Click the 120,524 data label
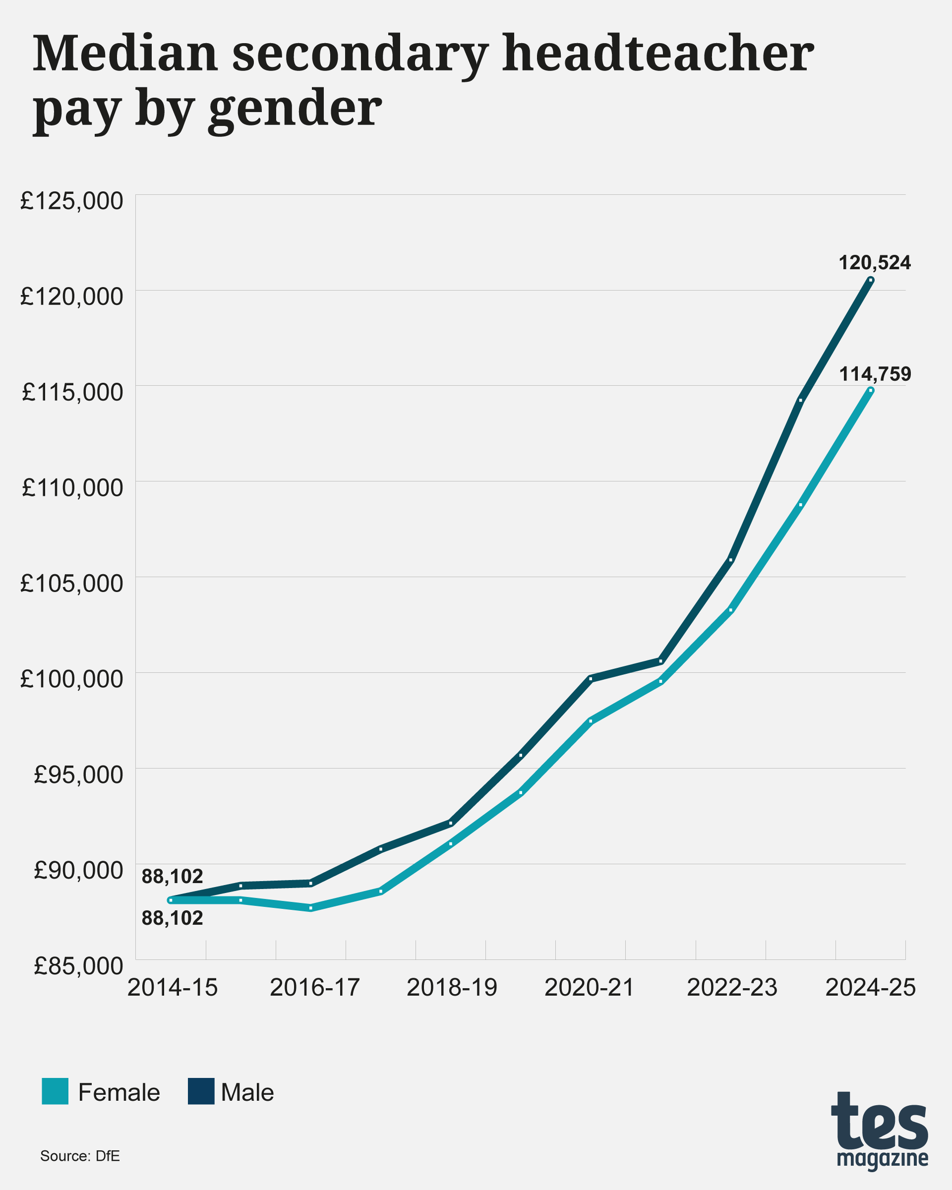874,263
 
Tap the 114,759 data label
875,374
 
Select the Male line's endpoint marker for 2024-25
871,280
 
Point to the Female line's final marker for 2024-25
871,390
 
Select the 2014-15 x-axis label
172,987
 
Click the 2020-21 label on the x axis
590,987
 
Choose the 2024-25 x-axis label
870,987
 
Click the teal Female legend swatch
55,1091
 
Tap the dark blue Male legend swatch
201,1091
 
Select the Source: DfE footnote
80,1156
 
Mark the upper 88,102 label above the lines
172,876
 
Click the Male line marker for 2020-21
591,678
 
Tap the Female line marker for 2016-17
311,908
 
